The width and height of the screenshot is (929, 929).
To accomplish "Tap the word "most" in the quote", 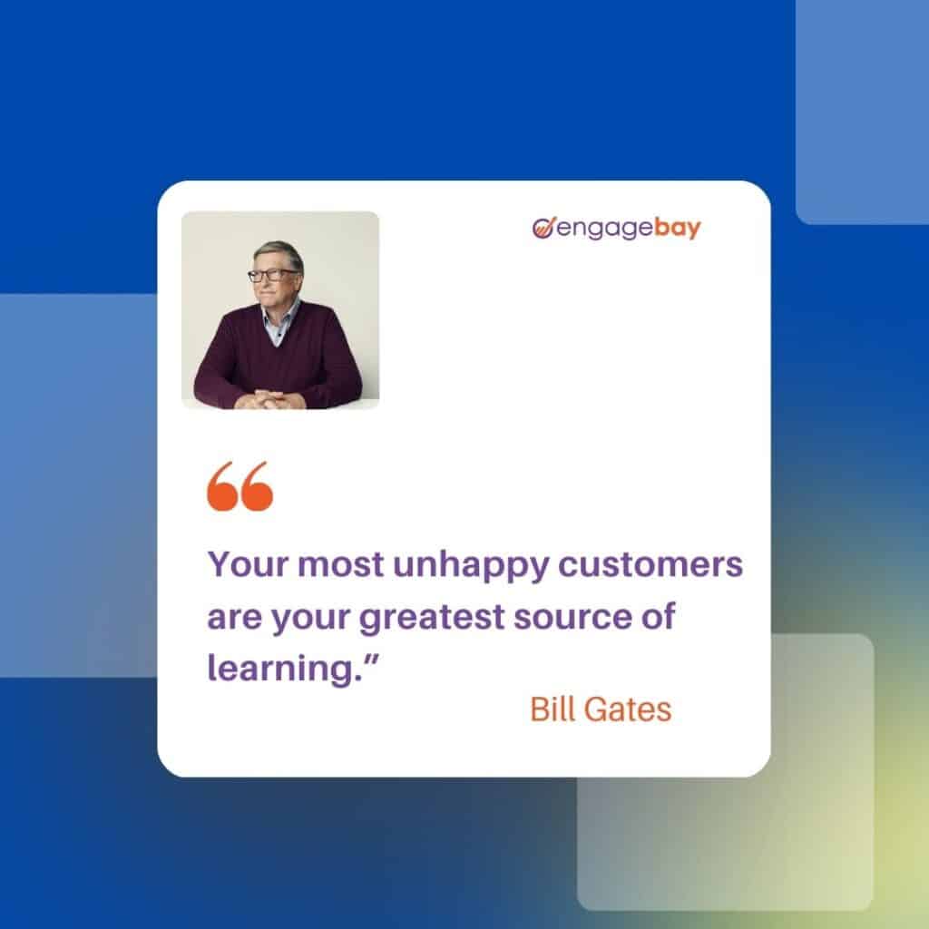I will pyautogui.click(x=341, y=565).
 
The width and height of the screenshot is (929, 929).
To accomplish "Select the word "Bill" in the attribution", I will pyautogui.click(x=553, y=709).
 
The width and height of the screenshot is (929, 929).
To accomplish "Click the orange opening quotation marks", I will pyautogui.click(x=240, y=486).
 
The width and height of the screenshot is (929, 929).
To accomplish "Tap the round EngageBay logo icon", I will pyautogui.click(x=543, y=227).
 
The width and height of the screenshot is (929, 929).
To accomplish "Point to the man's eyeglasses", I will pyautogui.click(x=271, y=274).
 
